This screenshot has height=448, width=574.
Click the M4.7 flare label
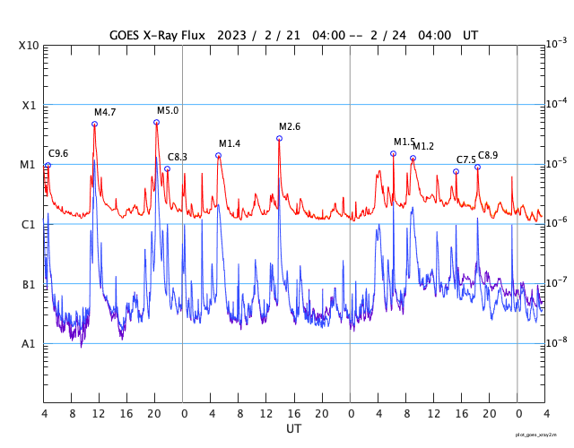point(105,113)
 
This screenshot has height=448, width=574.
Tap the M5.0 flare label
point(168,111)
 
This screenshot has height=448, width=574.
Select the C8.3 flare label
point(178,158)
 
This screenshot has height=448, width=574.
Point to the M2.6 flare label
point(290,127)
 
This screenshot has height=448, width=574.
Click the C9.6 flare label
point(58,154)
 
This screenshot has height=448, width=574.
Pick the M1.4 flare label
point(230,144)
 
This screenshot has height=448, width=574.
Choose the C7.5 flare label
point(466,160)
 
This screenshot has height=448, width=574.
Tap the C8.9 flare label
point(488,156)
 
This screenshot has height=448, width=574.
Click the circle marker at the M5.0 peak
point(156,123)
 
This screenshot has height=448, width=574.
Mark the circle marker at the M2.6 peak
point(279,138)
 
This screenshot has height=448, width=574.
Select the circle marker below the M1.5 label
point(393,153)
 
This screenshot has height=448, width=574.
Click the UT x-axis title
point(294,429)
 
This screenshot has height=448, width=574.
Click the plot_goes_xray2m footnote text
point(543,434)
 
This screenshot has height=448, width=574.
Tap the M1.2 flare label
point(423,147)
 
